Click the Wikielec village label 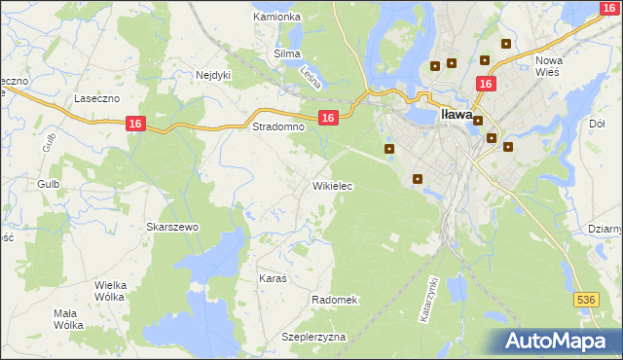click(332, 185)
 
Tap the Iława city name click(458, 114)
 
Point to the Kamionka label click(276, 18)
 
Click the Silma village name click(287, 54)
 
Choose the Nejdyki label click(213, 75)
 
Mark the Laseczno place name click(97, 99)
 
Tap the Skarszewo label click(172, 227)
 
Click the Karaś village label click(273, 278)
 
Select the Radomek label click(336, 300)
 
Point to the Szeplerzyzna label click(313, 336)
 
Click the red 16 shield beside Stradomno click(328, 118)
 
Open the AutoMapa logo click(559, 341)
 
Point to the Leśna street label click(311, 77)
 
